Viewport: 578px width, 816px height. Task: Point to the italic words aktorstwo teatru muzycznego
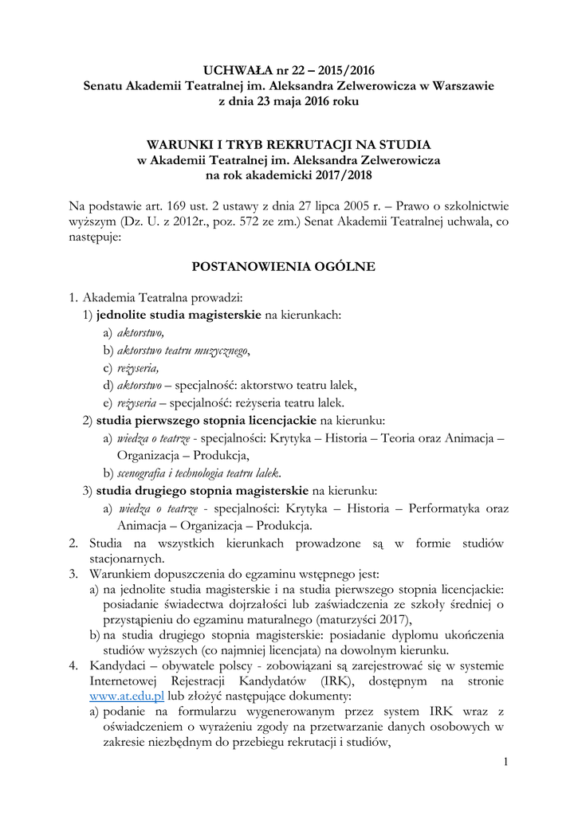(x=183, y=350)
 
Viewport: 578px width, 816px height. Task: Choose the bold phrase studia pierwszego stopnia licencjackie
(x=206, y=420)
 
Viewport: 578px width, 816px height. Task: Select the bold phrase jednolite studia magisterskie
(x=179, y=315)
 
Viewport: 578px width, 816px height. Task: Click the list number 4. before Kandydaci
(x=73, y=644)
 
